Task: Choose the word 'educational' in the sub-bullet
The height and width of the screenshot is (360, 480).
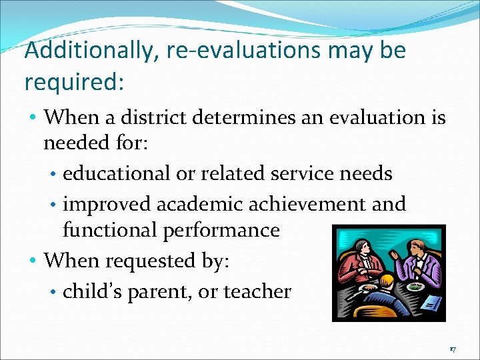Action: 117,173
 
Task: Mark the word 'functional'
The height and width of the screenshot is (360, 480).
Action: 111,230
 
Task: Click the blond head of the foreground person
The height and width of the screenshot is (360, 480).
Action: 386,281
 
